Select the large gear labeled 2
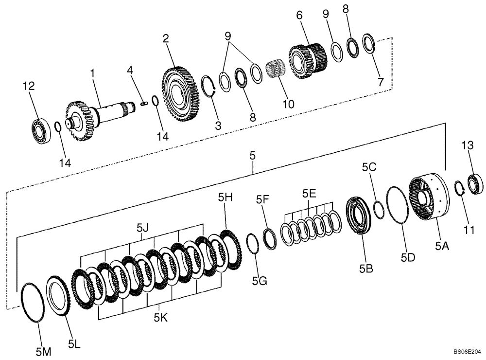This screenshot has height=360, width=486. pyautogui.click(x=179, y=94)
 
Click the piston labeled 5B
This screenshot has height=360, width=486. pyautogui.click(x=360, y=215)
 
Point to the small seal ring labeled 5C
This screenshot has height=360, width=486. pyautogui.click(x=379, y=209)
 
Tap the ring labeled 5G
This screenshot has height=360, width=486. pyautogui.click(x=253, y=244)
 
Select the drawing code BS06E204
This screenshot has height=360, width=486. pyautogui.click(x=467, y=351)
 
